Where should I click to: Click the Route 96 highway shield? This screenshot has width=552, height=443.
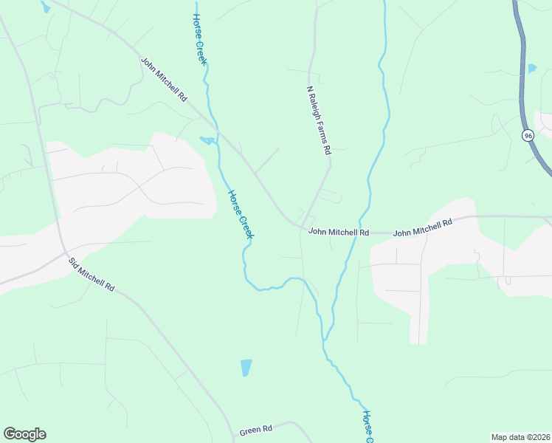point(528,136)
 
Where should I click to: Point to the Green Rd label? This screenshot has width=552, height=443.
point(256,429)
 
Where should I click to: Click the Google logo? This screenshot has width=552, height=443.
point(24,434)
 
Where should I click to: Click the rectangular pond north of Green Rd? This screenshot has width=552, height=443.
point(246,367)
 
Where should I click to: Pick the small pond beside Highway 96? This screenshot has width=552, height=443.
point(532,69)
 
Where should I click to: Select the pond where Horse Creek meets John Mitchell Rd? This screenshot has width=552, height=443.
point(207,140)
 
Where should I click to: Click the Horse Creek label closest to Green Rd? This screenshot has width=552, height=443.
point(368,427)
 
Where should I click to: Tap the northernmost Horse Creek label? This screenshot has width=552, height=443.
point(199,39)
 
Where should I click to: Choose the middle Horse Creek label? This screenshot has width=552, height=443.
point(241,214)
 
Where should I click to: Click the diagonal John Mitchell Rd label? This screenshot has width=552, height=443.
point(164,79)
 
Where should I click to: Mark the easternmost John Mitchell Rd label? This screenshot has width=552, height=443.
point(422,228)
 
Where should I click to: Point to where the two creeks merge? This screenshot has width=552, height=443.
point(323,341)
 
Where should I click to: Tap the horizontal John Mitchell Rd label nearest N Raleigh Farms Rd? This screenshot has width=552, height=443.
point(338,232)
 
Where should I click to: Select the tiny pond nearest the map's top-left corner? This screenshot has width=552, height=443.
point(46,7)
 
